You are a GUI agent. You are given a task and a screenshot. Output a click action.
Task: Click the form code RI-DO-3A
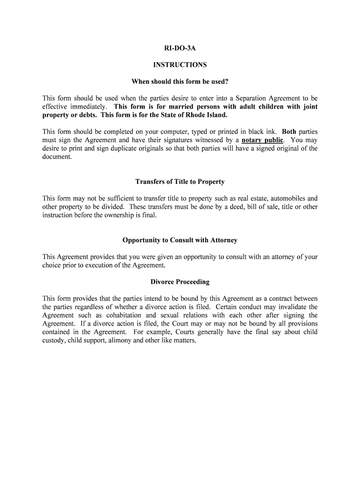click(180, 48)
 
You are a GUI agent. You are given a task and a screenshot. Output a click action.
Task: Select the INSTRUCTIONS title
click(180, 65)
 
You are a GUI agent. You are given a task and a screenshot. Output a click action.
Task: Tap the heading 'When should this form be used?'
click(180, 82)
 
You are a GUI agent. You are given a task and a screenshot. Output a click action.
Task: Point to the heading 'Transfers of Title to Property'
click(180, 181)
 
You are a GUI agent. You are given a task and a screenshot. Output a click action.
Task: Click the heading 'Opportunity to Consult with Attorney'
click(180, 240)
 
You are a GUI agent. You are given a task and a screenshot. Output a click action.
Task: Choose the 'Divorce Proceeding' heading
click(180, 282)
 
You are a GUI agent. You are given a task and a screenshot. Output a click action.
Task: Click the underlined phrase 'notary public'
click(262, 140)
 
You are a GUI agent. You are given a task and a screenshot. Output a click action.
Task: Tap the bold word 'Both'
click(289, 131)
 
